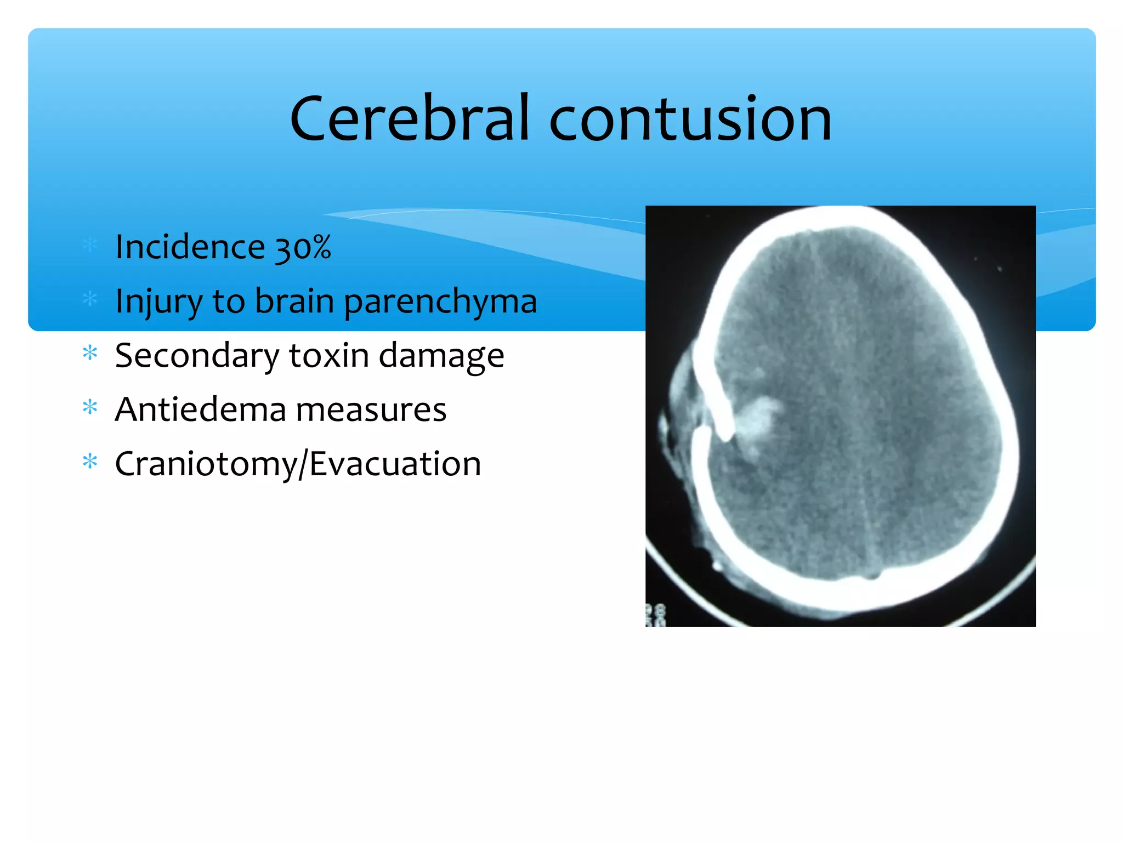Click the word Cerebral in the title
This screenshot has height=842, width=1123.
tap(409, 118)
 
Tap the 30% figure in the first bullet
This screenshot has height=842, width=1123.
tap(303, 247)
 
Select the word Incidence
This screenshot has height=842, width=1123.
tap(190, 247)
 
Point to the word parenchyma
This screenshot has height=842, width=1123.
tap(440, 302)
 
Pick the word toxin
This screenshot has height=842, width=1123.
tap(329, 355)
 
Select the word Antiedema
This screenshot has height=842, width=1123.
tap(200, 409)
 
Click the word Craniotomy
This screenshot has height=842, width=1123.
tap(206, 464)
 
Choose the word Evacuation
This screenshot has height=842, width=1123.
tap(395, 464)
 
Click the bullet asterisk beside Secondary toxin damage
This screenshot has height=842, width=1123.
tap(89, 353)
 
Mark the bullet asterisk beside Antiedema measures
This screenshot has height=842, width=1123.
tap(89, 407)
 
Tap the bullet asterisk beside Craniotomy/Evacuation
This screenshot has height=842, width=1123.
tap(89, 462)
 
